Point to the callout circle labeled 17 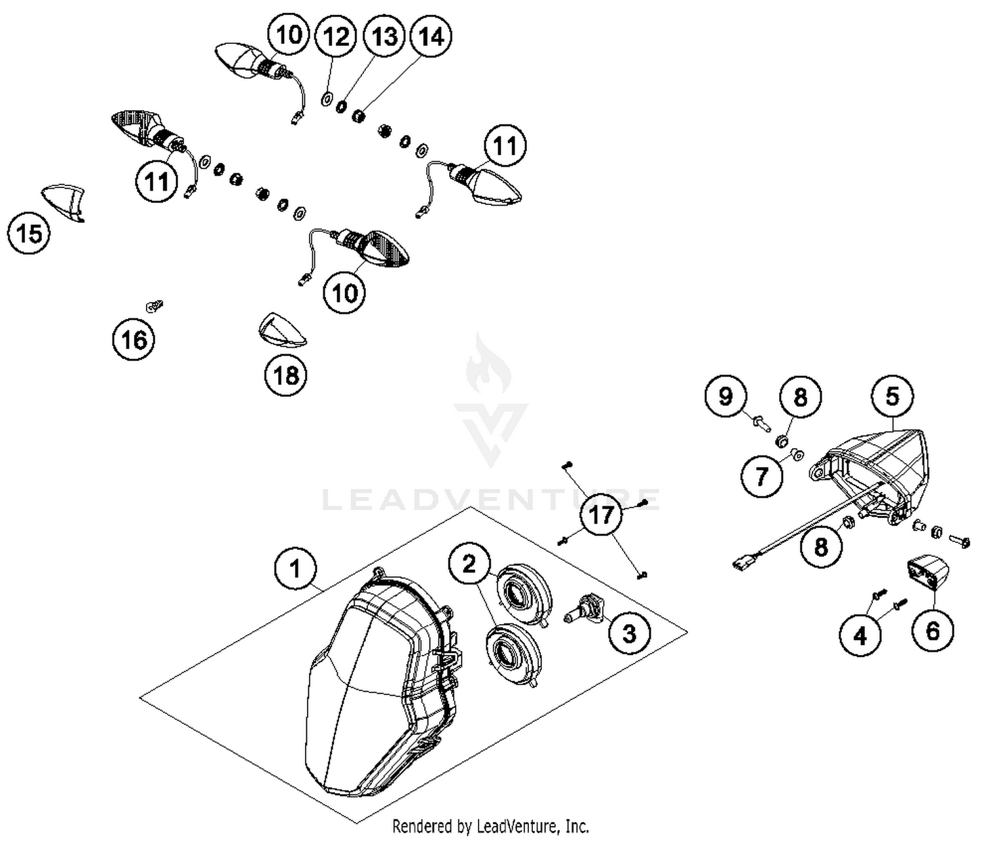[600, 515]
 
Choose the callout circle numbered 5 [893, 396]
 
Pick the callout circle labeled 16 [134, 339]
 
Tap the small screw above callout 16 [154, 305]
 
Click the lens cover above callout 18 [282, 331]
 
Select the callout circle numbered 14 [431, 37]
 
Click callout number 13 [384, 37]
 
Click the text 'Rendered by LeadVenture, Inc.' [490, 825]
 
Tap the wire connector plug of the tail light [744, 561]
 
